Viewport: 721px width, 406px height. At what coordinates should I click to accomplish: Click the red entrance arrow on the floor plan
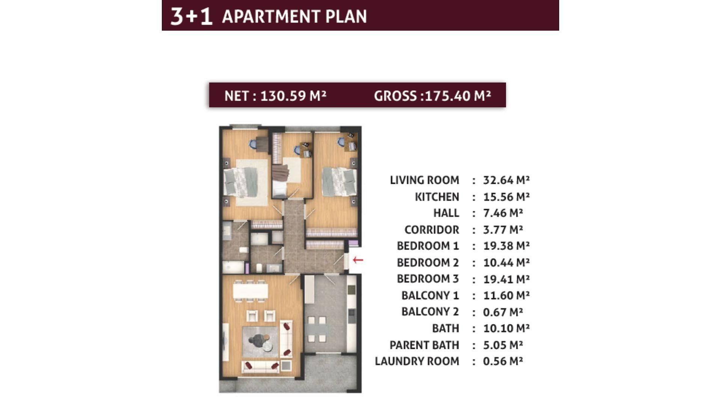pos(358,260)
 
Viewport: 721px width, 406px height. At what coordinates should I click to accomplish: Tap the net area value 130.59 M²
pos(293,96)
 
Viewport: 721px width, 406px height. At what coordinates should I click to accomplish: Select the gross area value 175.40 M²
pos(458,96)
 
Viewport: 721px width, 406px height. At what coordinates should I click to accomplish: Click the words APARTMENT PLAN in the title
pos(294,17)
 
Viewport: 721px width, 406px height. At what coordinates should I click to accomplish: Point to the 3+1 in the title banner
pos(192,17)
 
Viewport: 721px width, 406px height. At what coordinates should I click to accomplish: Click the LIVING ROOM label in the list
pos(424,180)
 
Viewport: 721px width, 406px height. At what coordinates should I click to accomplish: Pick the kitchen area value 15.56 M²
pos(506,197)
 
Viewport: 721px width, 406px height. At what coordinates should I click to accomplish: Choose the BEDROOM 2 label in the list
pos(428,262)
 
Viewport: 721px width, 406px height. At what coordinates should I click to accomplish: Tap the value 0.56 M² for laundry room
pos(503,361)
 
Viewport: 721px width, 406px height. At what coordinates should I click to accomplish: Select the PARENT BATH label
pos(424,345)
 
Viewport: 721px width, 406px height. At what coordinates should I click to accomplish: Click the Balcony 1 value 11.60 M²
pos(506,295)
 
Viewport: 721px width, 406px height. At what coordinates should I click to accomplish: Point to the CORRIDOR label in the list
pos(431,229)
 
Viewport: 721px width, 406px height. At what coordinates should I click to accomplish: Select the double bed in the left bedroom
pos(241,182)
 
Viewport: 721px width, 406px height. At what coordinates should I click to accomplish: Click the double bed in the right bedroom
pos(339,182)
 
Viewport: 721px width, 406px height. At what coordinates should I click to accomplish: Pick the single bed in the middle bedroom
pos(279,181)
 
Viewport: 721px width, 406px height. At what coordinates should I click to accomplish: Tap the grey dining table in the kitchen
pos(317,330)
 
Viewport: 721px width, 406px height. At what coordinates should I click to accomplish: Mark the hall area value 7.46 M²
pos(503,213)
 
